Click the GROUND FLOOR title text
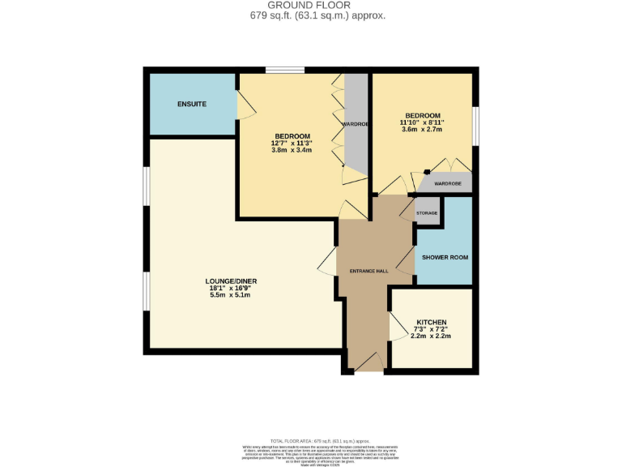tap(310, 5)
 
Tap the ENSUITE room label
tap(192, 105)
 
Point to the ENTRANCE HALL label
tap(369, 271)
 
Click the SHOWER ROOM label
tap(444, 257)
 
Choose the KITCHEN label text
tap(431, 322)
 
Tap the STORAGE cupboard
tap(427, 213)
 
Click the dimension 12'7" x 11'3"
tap(292, 144)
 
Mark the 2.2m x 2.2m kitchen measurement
tap(431, 336)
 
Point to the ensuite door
tap(242, 105)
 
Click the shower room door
tap(406, 262)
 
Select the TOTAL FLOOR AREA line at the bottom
tap(310, 439)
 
